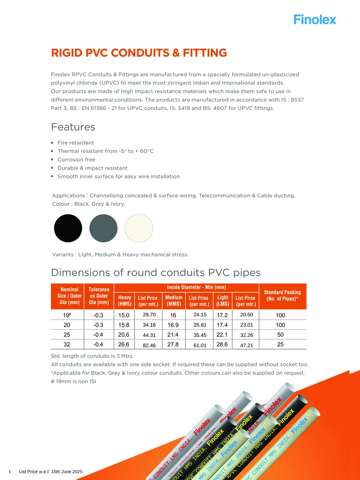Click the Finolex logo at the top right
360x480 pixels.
point(315,19)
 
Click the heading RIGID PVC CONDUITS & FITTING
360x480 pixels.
point(139,53)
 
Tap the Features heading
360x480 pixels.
point(73,127)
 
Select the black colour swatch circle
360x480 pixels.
point(68,228)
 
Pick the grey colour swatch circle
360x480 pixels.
point(104,228)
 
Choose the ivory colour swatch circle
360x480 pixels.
point(139,228)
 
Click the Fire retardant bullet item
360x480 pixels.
point(76,143)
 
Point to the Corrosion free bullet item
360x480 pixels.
point(76,160)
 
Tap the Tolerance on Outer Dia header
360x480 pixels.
point(99,296)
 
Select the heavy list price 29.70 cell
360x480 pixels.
point(149,315)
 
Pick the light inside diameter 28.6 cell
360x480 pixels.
point(222,344)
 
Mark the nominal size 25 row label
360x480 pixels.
point(67,334)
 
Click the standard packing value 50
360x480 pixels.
point(280,334)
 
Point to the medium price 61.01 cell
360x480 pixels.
point(200,345)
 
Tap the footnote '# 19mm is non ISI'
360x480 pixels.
point(74,381)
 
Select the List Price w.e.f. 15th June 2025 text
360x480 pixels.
point(51,472)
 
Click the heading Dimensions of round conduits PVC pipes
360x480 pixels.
point(156,273)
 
